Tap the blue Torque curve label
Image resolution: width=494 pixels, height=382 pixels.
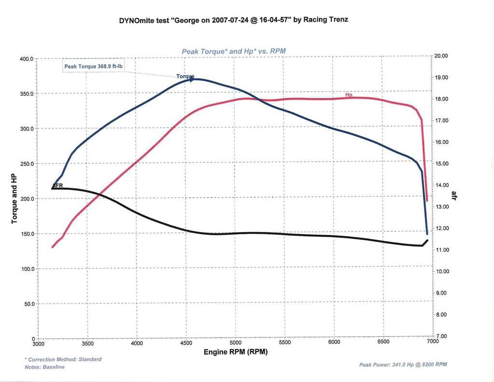(185, 77)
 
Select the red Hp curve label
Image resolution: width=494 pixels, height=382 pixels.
(349, 94)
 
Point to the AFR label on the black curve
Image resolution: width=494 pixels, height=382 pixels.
(57, 185)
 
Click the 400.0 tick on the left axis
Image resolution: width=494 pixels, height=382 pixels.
(26, 59)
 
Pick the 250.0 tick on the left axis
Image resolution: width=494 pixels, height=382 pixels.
(26, 164)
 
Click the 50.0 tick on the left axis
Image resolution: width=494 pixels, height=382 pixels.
(27, 304)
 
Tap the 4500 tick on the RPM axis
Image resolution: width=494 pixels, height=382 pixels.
(186, 343)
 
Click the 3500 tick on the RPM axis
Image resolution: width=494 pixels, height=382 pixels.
(87, 344)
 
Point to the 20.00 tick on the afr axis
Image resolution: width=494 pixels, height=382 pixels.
(441, 56)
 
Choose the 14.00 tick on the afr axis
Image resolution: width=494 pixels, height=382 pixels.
(441, 185)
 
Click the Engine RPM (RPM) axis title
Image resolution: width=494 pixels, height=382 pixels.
(235, 352)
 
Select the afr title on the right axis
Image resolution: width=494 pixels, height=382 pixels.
(454, 195)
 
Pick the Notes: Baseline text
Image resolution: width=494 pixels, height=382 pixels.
(44, 367)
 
